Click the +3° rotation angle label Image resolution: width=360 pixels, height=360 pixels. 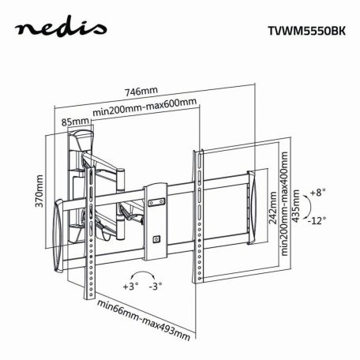click(x=129, y=285)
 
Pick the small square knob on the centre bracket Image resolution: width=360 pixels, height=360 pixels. click(x=157, y=237)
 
